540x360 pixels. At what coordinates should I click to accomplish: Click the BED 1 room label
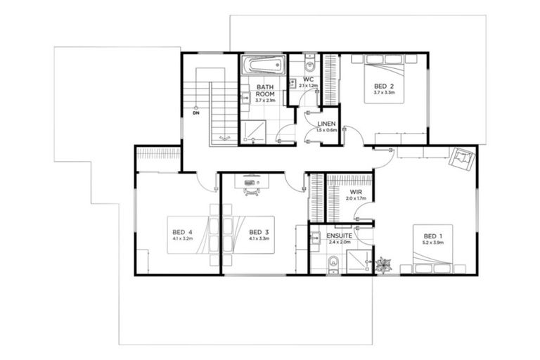click(433, 236)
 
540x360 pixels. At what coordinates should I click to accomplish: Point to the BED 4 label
click(182, 232)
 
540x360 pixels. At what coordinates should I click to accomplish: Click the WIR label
click(355, 191)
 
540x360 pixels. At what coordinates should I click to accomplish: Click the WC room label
click(308, 79)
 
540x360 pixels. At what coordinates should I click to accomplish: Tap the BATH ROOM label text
click(264, 90)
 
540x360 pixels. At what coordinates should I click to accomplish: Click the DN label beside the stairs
click(195, 111)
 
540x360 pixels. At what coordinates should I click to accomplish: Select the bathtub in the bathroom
click(262, 67)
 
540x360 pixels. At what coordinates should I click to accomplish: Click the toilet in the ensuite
click(335, 263)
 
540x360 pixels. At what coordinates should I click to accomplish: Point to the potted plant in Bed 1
click(384, 266)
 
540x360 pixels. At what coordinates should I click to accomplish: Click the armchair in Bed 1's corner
click(461, 160)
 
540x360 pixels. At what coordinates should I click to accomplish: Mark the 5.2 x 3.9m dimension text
click(433, 243)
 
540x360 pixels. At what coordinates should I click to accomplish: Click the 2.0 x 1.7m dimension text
click(355, 198)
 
